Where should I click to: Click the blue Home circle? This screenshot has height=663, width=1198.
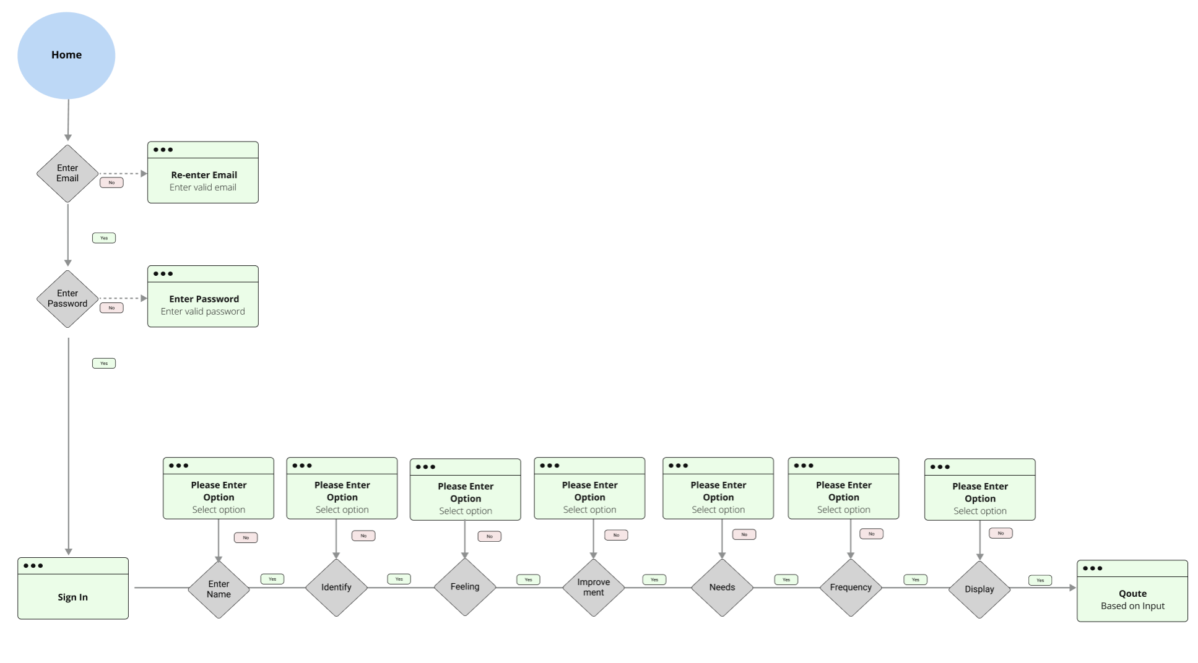coord(66,56)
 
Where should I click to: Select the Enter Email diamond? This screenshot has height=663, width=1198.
coord(67,173)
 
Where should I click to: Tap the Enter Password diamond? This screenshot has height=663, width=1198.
coord(67,299)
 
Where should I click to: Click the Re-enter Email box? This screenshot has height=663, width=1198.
coord(202,173)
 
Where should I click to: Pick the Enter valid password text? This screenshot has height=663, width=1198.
coord(202,312)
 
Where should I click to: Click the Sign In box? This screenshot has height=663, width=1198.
coord(72,589)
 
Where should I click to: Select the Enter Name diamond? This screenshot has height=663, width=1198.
coord(219,589)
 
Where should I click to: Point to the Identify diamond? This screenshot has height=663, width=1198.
coord(336,588)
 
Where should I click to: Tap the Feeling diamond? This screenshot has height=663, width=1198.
coord(465,587)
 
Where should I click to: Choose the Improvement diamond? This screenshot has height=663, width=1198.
coord(593,588)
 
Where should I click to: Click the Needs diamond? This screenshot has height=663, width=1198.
coord(722,588)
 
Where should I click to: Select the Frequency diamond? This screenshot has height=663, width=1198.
coord(851,588)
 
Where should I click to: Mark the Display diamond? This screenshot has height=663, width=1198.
coord(979,589)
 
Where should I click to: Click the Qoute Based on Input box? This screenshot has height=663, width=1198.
coord(1132,591)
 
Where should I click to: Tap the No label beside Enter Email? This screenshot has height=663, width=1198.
coord(111,183)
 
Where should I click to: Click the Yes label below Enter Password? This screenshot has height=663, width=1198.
coord(104,364)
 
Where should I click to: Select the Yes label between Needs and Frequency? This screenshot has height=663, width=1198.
coord(786,580)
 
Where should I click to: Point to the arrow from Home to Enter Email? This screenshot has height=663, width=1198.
coord(68,120)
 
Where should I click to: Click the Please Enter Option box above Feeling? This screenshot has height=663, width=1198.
coord(465,490)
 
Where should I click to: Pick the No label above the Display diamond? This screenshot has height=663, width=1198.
coord(1001,533)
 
